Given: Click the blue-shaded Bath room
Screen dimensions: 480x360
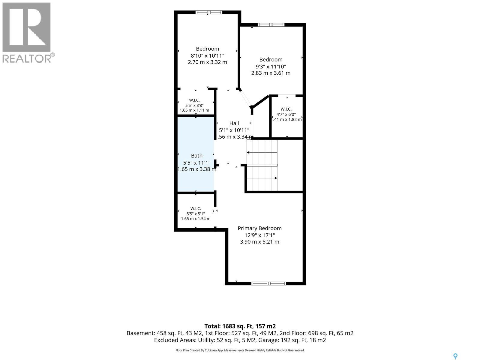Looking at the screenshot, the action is pyautogui.click(x=196, y=154).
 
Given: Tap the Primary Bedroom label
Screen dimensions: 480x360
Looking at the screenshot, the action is pyautogui.click(x=259, y=228).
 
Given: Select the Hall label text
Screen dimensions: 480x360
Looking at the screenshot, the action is pyautogui.click(x=234, y=123).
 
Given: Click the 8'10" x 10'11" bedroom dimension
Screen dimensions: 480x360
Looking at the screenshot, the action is pyautogui.click(x=207, y=55).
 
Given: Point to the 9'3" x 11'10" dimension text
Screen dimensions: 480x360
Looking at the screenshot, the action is pyautogui.click(x=271, y=66).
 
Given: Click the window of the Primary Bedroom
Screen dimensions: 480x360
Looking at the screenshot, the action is pyautogui.click(x=268, y=283).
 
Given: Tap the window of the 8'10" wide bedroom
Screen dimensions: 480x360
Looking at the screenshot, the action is pyautogui.click(x=208, y=12).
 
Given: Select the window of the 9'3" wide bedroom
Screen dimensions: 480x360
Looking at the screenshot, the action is pyautogui.click(x=271, y=25).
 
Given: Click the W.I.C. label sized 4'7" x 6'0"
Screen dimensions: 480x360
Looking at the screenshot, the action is pyautogui.click(x=286, y=109).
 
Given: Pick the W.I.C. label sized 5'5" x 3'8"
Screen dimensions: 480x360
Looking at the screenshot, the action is pyautogui.click(x=194, y=100).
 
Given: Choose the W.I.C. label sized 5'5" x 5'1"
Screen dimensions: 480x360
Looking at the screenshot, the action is pyautogui.click(x=196, y=208).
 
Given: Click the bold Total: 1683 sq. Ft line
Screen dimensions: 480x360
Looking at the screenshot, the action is pyautogui.click(x=240, y=326).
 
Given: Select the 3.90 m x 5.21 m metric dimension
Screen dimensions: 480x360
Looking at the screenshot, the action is pyautogui.click(x=259, y=242).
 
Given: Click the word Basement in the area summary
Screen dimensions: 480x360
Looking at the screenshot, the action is pyautogui.click(x=141, y=333).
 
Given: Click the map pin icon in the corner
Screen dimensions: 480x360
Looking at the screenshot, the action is pyautogui.click(x=455, y=356).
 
